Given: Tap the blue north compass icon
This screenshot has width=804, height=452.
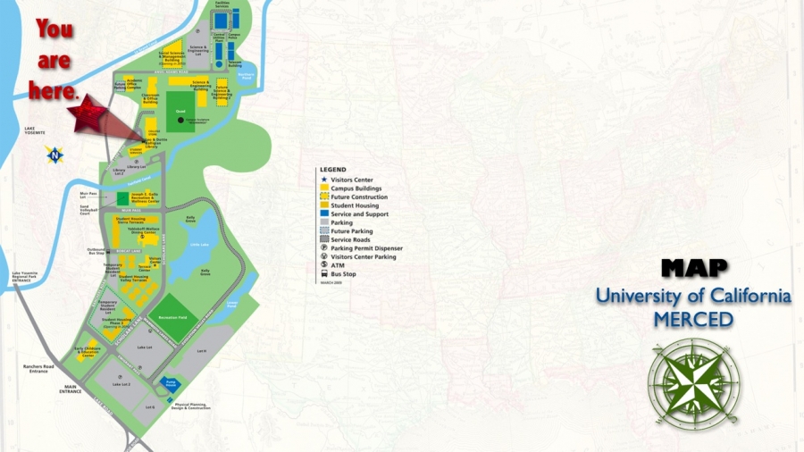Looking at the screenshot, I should pyautogui.click(x=54, y=155).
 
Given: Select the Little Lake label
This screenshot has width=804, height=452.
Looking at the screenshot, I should pyautogui.click(x=200, y=242).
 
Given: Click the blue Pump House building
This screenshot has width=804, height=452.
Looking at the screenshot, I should pyautogui.click(x=171, y=383).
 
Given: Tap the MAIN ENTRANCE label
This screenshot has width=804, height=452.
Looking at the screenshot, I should pyautogui.click(x=70, y=389).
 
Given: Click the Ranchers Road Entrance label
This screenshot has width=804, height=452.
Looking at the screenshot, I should pyautogui.click(x=38, y=368).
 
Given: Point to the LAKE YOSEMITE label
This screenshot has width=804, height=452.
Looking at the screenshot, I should pyautogui.click(x=35, y=130).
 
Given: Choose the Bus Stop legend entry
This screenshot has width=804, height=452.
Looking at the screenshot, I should pyautogui.click(x=343, y=274).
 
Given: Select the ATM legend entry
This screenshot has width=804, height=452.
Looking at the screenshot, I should pyautogui.click(x=338, y=265).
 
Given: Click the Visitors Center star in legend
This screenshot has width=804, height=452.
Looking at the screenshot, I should pyautogui.click(x=323, y=180).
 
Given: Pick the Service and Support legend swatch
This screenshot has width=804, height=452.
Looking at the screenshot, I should pyautogui.click(x=323, y=214).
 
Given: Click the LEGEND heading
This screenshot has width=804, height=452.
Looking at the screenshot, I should pyautogui.click(x=332, y=170).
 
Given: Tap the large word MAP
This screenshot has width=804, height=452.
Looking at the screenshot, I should pyautogui.click(x=694, y=267).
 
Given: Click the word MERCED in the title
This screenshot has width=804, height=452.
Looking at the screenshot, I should pyautogui.click(x=693, y=319).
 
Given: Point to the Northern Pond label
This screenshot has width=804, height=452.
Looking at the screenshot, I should pyautogui.click(x=247, y=77).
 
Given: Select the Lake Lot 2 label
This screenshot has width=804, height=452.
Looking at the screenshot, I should pyautogui.click(x=121, y=384).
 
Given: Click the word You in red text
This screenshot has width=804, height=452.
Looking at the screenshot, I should pyautogui.click(x=54, y=29).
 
